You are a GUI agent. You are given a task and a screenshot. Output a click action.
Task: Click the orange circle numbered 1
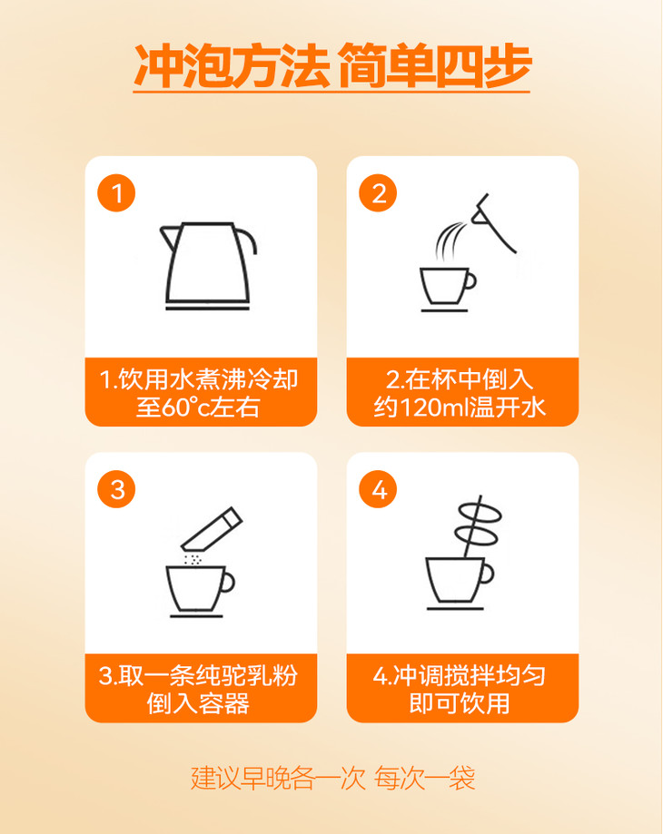point(116,192)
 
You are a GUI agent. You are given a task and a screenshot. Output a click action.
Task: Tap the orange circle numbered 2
point(378,192)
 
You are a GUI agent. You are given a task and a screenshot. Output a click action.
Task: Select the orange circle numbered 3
point(116,489)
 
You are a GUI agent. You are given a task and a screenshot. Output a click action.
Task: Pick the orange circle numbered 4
point(378,489)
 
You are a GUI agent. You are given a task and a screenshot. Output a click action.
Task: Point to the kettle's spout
point(168,237)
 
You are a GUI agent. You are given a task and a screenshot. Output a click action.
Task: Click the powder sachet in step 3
point(212,529)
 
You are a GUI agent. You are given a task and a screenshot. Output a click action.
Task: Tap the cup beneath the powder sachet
point(200,591)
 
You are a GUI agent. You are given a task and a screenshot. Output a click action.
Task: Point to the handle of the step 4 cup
point(488,574)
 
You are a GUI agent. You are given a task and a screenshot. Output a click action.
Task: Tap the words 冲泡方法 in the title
point(232,66)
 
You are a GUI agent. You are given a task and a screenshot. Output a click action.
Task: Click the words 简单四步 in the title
point(434,66)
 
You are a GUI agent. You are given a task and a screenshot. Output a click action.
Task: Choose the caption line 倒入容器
point(198,703)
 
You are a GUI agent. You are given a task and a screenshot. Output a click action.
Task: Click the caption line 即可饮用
point(460,703)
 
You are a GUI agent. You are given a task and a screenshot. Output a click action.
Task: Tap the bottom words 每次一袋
point(424,778)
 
